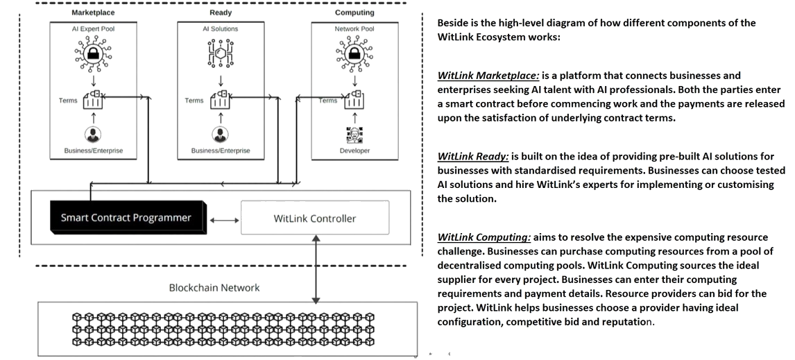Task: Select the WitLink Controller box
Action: click(x=315, y=218)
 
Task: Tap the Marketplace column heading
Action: click(x=93, y=12)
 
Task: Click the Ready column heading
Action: click(x=221, y=12)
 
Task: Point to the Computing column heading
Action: click(x=354, y=12)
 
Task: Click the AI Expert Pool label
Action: click(x=93, y=29)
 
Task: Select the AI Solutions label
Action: click(x=221, y=29)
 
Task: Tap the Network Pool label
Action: click(x=354, y=29)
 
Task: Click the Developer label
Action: click(x=354, y=151)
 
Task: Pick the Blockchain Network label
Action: click(x=214, y=287)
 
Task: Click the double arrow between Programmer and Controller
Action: click(x=224, y=220)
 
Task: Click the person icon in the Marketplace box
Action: click(x=93, y=135)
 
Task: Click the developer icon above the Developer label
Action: click(x=354, y=135)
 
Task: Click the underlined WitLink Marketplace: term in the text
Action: click(x=488, y=76)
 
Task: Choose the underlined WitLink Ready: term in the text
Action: click(x=473, y=156)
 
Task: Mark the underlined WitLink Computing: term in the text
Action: click(x=484, y=237)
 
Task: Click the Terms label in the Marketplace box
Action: click(x=68, y=101)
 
